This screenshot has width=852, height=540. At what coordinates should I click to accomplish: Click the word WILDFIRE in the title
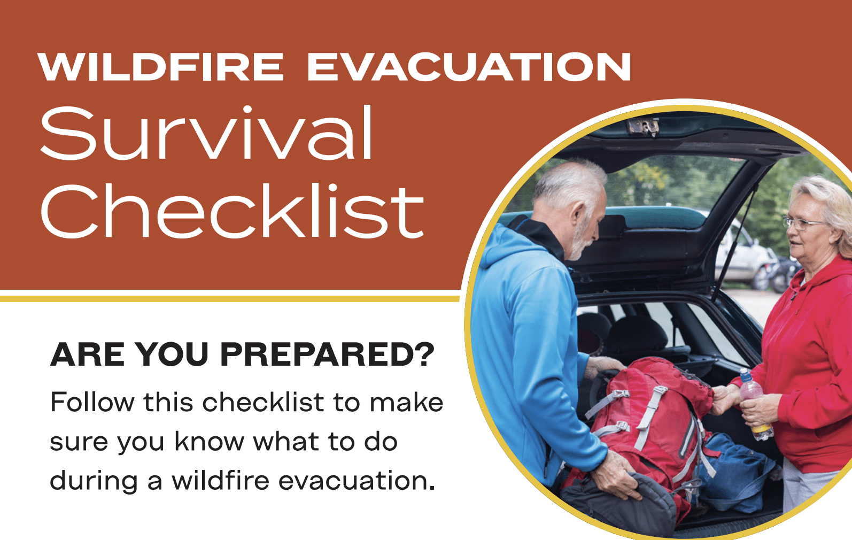tap(160, 67)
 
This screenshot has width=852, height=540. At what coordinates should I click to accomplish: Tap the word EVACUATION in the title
tap(469, 67)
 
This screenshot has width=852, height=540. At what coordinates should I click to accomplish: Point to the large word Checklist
tap(232, 211)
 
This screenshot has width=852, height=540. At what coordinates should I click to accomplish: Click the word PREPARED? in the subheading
tap(327, 354)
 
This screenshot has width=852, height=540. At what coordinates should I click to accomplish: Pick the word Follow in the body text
tap(92, 402)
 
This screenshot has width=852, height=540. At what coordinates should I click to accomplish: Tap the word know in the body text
tap(209, 442)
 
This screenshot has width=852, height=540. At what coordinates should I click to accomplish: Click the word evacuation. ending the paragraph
tap(357, 481)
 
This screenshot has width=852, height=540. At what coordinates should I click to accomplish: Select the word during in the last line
tap(94, 481)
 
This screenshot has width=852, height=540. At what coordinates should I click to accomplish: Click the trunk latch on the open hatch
tap(643, 126)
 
